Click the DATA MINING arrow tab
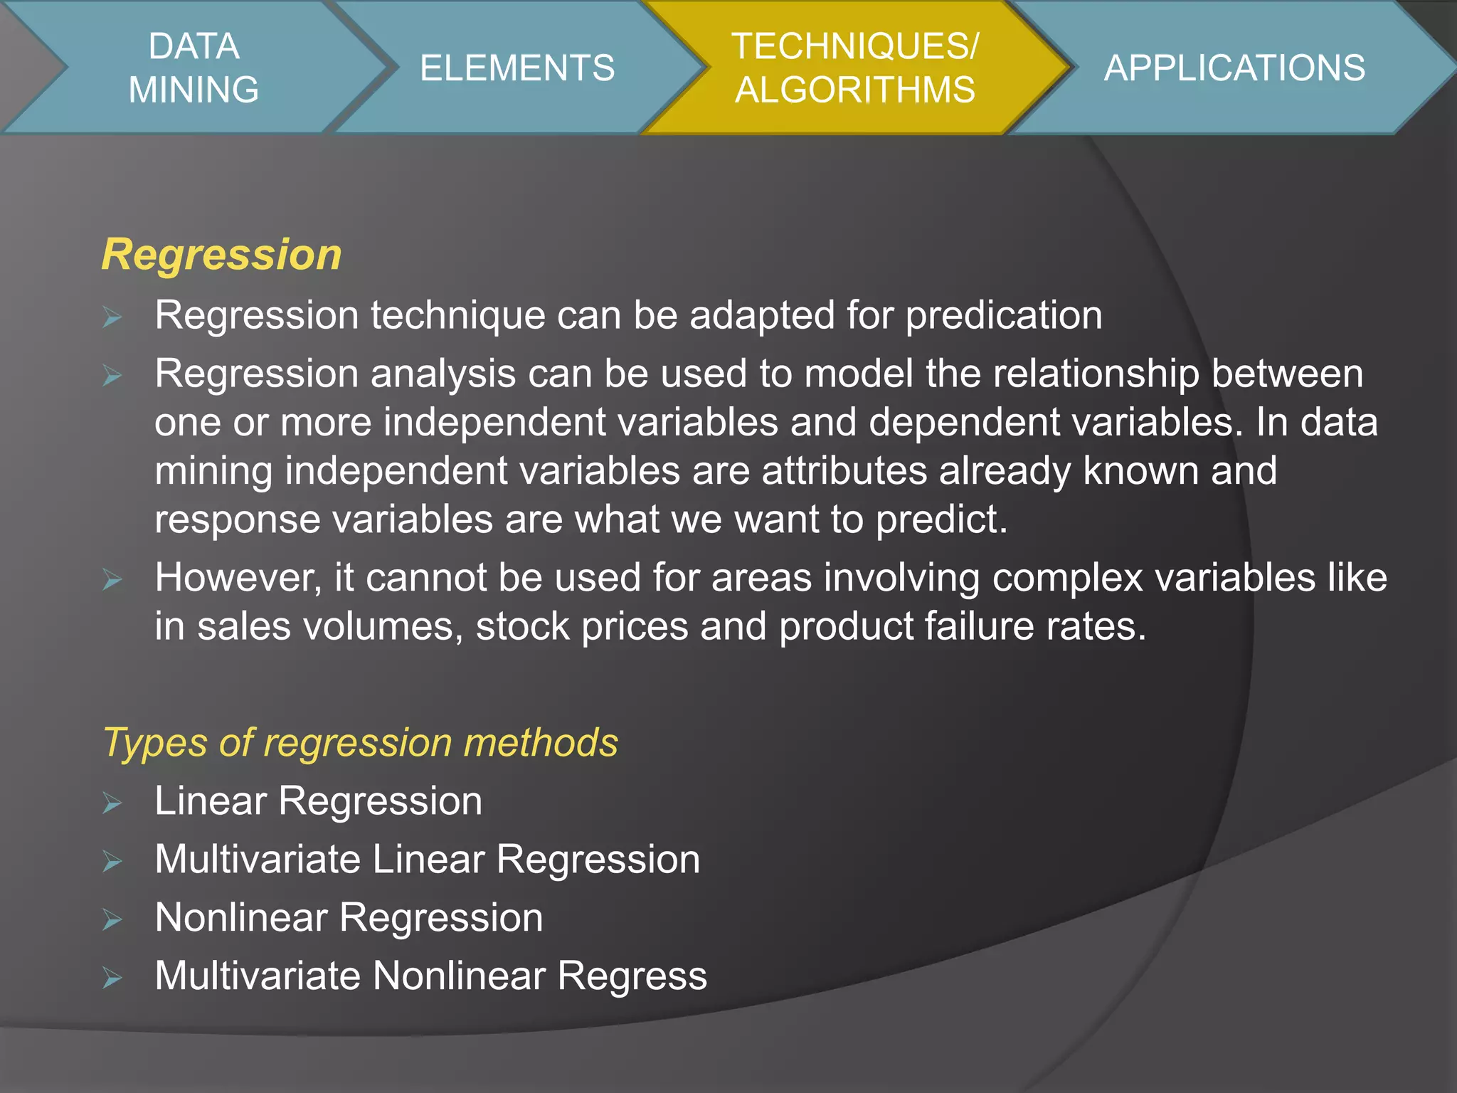tap(194, 68)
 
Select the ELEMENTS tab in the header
tap(517, 68)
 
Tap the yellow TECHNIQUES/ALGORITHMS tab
tap(854, 68)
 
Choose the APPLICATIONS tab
tap(1234, 68)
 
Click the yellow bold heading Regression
tap(221, 254)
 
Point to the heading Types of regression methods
tap(360, 742)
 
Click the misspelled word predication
tap(1004, 315)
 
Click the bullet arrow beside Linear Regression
tap(112, 803)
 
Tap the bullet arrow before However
tap(112, 580)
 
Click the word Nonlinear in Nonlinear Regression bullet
tap(240, 917)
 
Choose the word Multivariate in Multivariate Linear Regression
tap(258, 859)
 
